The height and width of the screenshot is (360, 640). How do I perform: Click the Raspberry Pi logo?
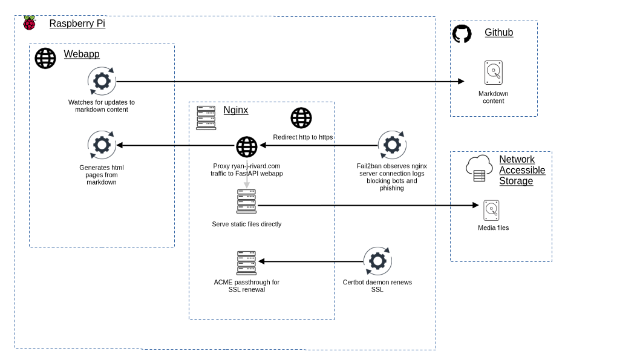click(x=30, y=23)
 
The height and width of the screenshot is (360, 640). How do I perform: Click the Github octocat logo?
click(x=462, y=33)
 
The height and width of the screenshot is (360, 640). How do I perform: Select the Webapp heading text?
click(x=82, y=54)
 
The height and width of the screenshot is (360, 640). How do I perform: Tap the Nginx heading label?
click(x=236, y=110)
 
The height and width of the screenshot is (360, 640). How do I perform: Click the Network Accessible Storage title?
click(x=522, y=170)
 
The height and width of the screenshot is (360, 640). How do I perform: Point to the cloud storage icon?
click(x=479, y=168)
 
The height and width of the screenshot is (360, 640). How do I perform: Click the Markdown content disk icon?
click(x=494, y=73)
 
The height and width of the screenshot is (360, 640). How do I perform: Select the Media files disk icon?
click(x=491, y=211)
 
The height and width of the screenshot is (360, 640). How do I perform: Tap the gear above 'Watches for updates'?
click(x=102, y=81)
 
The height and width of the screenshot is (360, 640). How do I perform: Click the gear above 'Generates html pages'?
click(x=102, y=145)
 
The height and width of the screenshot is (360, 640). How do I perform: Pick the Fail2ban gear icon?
click(x=392, y=145)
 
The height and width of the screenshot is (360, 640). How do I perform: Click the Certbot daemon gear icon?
click(x=377, y=261)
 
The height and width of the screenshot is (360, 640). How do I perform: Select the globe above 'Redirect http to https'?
click(x=301, y=118)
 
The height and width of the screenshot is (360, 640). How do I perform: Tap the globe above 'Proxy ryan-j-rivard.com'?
click(x=247, y=147)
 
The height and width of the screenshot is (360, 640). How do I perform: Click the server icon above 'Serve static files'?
click(x=247, y=201)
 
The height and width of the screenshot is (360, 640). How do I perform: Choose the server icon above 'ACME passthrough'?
click(x=247, y=263)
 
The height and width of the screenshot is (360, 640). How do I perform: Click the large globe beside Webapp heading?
click(x=45, y=58)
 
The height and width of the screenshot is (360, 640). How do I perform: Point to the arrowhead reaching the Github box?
click(x=461, y=81)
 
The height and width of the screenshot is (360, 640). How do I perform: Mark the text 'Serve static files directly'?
click(x=247, y=224)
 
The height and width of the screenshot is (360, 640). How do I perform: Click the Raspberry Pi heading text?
click(x=77, y=23)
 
